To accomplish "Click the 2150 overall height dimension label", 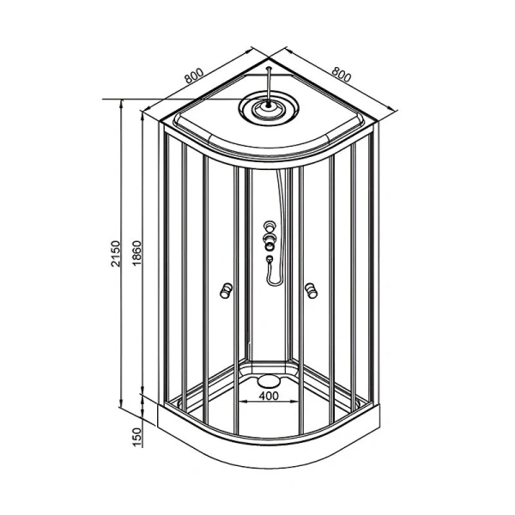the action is (116, 253).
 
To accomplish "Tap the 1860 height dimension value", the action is (136, 253).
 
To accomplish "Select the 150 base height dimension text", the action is (137, 437).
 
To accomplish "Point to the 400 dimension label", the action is (269, 396).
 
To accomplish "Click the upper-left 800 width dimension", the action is (194, 76).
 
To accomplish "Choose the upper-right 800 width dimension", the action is (342, 74).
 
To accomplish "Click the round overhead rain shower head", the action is (269, 108).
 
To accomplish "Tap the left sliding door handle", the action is (227, 290).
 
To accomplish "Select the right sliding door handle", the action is (311, 290).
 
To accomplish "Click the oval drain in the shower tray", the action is (269, 381).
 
